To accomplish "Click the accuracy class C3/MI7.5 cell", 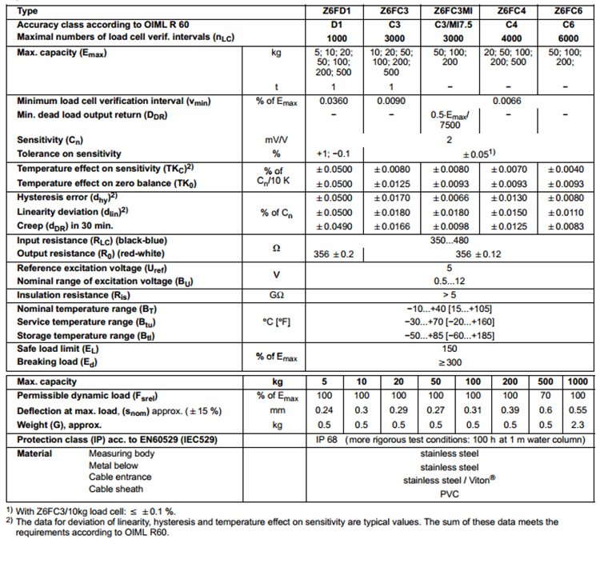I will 452,25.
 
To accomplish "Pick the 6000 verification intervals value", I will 566,38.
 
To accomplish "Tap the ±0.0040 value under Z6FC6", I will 566,169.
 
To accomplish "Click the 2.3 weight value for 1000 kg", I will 577,423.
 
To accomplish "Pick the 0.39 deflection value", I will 510,409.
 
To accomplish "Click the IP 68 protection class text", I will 330,438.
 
